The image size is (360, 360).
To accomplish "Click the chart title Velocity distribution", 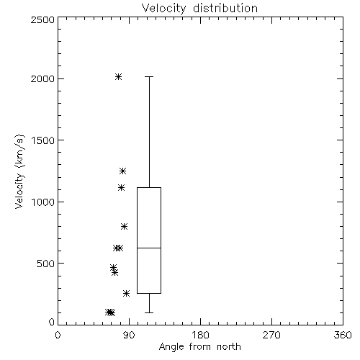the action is tap(199, 8).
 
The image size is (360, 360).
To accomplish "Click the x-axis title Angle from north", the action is tap(199, 347).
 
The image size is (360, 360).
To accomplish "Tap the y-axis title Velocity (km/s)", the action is tap(19, 171).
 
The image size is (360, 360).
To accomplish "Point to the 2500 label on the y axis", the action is tap(42, 19).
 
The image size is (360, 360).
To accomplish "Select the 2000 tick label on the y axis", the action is tap(42, 78).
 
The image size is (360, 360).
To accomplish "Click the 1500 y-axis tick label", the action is tap(43, 140).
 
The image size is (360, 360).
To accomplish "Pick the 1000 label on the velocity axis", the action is tap(43, 202).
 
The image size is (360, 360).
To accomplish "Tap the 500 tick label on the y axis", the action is tap(46, 264).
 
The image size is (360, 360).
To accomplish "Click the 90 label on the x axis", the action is tap(129, 335).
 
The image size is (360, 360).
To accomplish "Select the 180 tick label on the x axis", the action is tap(200, 335).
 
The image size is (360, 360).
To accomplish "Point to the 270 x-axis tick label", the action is tap(271, 335).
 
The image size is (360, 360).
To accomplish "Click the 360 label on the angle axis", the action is tap(343, 335).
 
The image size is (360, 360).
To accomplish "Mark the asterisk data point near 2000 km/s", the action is tap(118, 77).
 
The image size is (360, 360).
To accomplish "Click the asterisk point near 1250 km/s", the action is tap(122, 171).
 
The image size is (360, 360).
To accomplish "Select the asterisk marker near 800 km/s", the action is tap(124, 226).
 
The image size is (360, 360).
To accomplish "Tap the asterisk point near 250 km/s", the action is tap(126, 293).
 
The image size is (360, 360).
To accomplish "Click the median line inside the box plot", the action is tap(149, 248).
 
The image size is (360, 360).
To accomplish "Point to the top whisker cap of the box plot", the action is tap(149, 77).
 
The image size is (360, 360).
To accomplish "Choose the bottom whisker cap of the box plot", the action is tap(149, 312).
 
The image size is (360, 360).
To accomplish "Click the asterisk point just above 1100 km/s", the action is tap(122, 187).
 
